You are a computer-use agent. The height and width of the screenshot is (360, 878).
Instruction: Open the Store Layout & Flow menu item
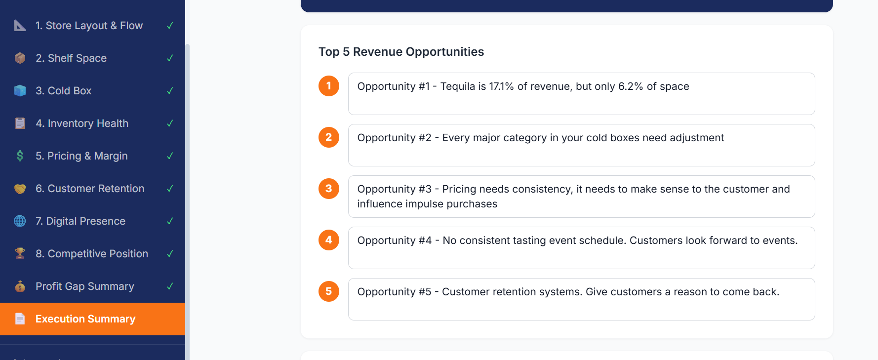(x=89, y=26)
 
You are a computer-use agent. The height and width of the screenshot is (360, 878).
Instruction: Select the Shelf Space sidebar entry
(x=71, y=58)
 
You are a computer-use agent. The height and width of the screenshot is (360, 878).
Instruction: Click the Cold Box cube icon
(x=20, y=91)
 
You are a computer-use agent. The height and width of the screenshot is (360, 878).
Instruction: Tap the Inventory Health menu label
(x=82, y=123)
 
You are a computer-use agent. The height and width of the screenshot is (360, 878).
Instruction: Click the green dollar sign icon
(x=20, y=156)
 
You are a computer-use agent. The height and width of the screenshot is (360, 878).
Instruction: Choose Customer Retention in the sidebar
(x=90, y=189)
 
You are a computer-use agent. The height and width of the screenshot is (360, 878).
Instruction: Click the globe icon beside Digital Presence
(x=20, y=221)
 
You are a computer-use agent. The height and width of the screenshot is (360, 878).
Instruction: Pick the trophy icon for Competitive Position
(x=20, y=254)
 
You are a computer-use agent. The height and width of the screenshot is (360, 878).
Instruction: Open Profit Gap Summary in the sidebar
(x=85, y=286)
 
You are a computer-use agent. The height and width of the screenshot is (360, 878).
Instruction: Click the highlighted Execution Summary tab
(x=85, y=319)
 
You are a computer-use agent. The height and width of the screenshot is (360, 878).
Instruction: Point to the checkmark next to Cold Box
(x=170, y=91)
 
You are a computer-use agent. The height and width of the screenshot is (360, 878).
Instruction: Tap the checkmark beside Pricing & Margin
(x=170, y=156)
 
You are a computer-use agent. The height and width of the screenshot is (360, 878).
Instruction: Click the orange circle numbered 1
(x=329, y=86)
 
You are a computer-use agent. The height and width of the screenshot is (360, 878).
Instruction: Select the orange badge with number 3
(x=329, y=189)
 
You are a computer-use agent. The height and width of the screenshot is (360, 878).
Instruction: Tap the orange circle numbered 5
(x=329, y=291)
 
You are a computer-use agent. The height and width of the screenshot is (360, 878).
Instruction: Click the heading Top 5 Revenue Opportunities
(x=401, y=52)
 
